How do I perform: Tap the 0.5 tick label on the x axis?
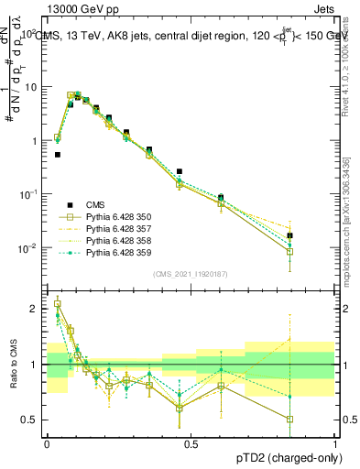[191, 443]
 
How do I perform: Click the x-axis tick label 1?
[335, 443]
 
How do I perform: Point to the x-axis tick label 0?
[47, 443]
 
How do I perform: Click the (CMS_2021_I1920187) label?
[191, 274]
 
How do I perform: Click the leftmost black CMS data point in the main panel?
[58, 155]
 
